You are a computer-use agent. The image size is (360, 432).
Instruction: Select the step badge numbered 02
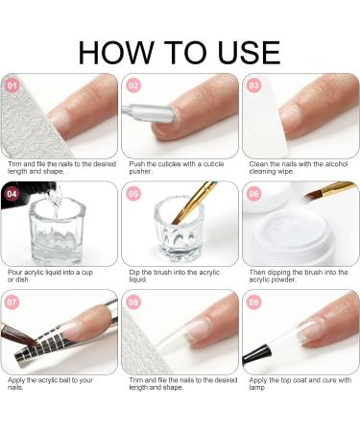133,84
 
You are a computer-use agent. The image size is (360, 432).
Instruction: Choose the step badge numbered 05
133,193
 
